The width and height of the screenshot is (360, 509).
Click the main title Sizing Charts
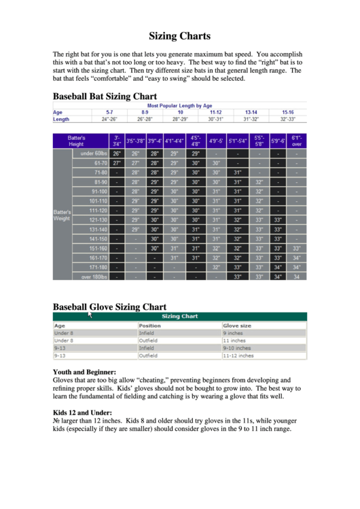(x=180, y=36)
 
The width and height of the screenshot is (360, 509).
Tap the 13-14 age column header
(x=251, y=111)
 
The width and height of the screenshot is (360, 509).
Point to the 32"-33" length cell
(x=287, y=119)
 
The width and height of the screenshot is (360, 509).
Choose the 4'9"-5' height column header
(x=217, y=141)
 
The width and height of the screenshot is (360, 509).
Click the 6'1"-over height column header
(x=297, y=141)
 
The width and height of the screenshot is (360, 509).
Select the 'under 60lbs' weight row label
(x=94, y=154)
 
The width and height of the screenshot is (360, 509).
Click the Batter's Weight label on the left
(x=62, y=215)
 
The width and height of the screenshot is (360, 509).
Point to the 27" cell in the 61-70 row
(x=117, y=163)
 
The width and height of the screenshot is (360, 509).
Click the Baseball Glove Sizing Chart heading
(x=109, y=306)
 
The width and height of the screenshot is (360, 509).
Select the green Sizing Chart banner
(x=179, y=316)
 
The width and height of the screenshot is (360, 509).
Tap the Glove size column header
(x=237, y=326)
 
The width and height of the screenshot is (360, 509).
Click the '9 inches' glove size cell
(x=233, y=334)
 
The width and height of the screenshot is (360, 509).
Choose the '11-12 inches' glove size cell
(x=238, y=355)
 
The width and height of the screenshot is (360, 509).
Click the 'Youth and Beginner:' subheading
(x=84, y=372)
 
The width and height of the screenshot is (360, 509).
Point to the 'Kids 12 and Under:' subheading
(x=82, y=413)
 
